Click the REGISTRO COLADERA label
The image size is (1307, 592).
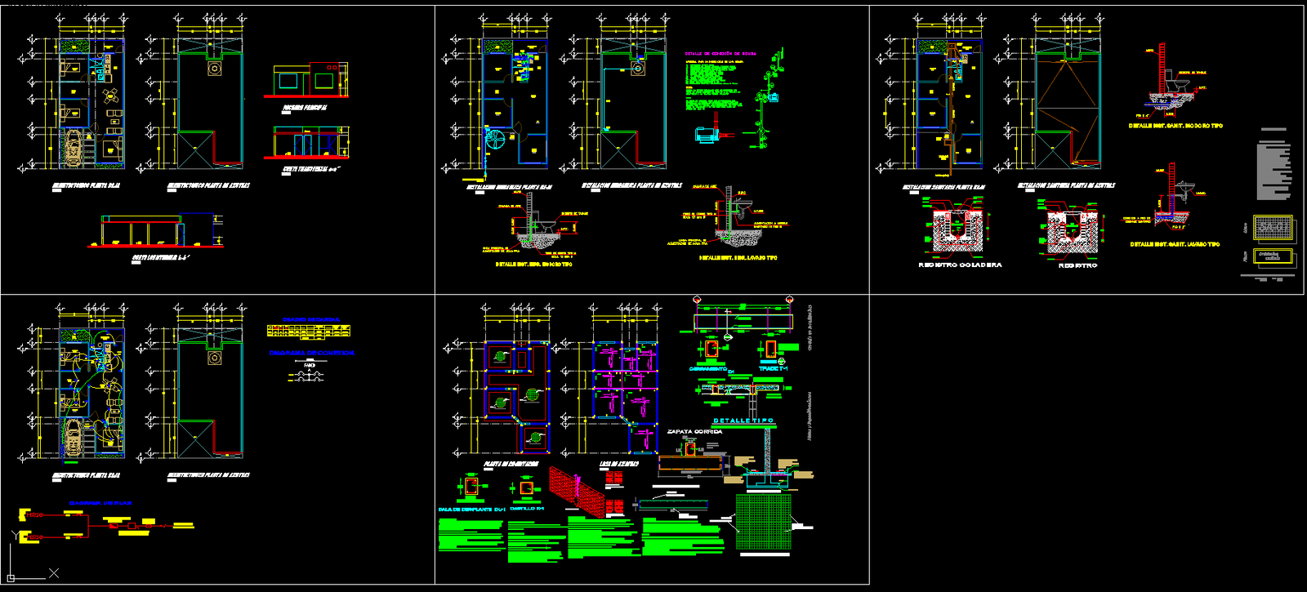point(960,265)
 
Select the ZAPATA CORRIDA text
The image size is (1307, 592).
point(694,432)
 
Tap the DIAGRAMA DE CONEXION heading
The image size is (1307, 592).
point(311,354)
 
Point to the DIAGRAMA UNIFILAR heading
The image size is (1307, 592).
point(100,503)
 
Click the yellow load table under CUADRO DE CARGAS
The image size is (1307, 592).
point(309,331)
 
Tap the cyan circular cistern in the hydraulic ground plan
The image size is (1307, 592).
point(495,140)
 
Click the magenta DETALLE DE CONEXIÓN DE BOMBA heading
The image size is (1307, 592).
point(720,54)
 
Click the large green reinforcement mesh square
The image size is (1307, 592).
point(763,522)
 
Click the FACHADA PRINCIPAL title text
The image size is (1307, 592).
point(305,108)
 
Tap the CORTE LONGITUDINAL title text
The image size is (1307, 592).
point(160,258)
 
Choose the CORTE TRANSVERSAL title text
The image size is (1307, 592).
point(310,170)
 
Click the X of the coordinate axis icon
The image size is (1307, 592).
point(54,573)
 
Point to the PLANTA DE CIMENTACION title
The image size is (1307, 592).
point(511,464)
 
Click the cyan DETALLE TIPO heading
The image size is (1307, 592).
point(743,421)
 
